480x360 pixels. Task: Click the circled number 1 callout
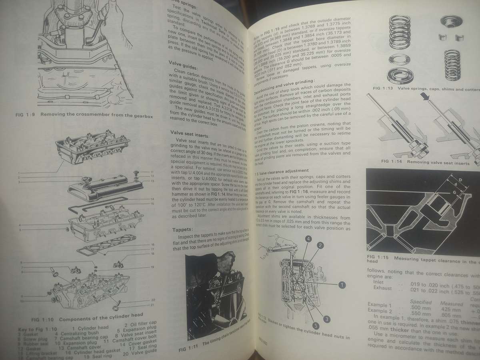tap(341, 285)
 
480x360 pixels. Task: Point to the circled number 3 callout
tap(327, 318)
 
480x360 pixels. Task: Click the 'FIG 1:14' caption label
tap(379, 162)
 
